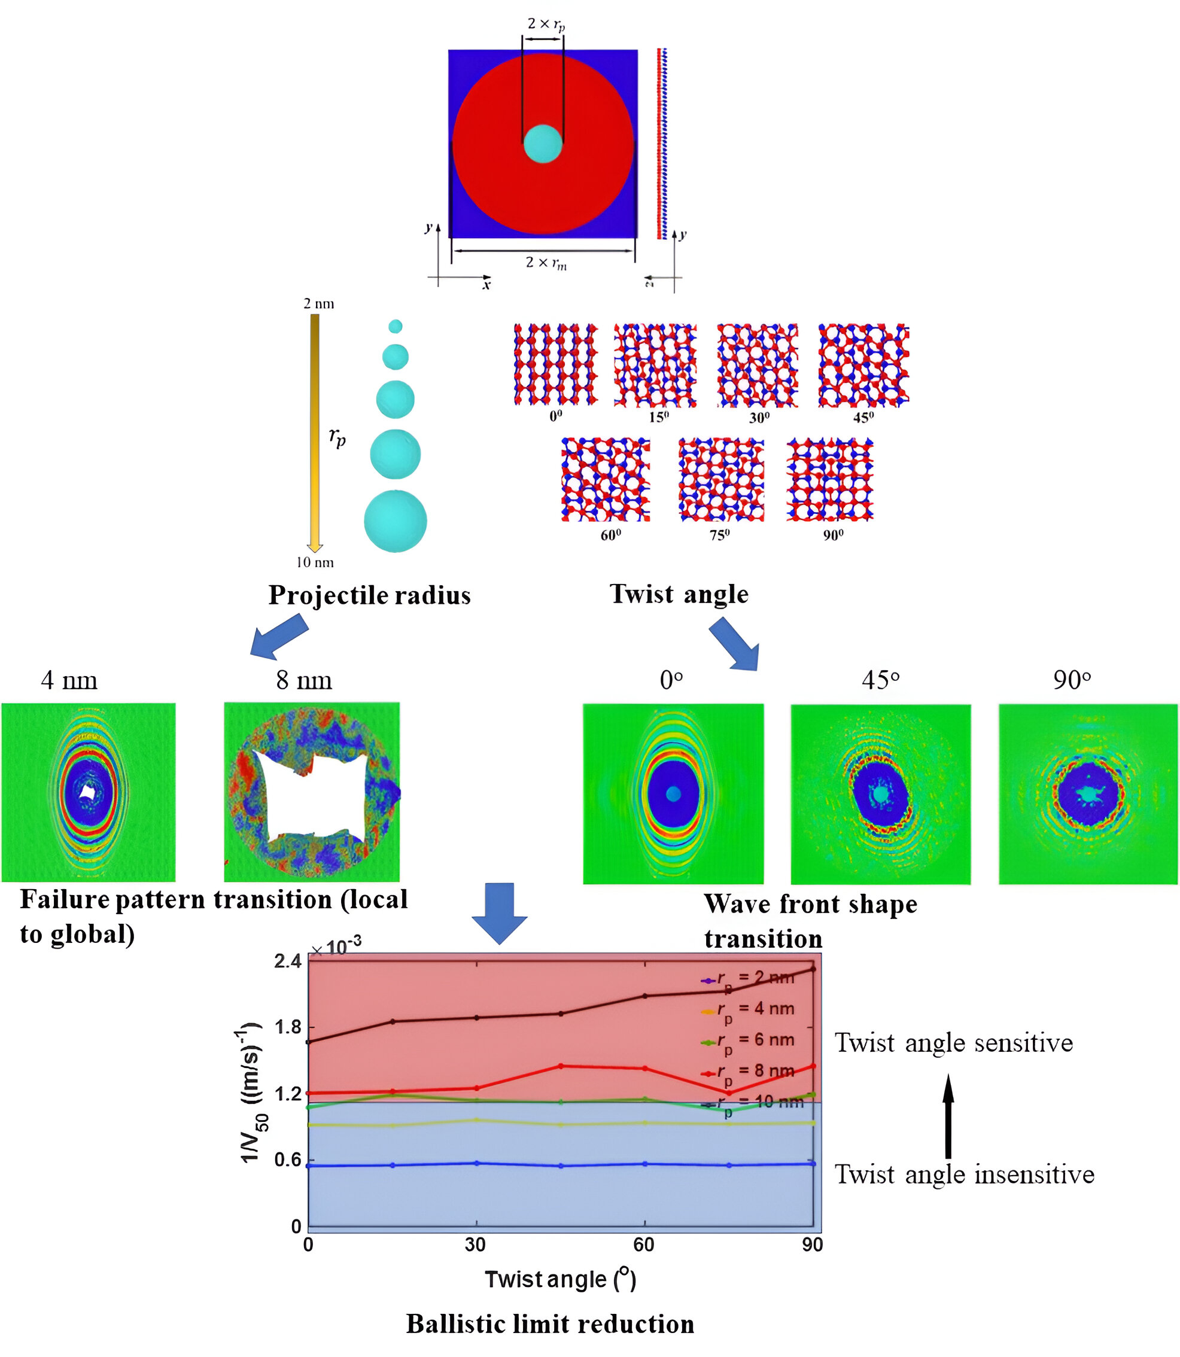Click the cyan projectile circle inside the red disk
pos(543,144)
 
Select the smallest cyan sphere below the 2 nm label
pos(395,326)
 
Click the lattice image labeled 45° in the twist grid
pos(863,366)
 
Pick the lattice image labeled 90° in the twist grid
pos(830,479)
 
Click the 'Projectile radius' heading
pos(369,595)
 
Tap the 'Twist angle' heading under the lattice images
pos(679,594)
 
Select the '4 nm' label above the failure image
pos(69,680)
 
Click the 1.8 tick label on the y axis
pos(288,1027)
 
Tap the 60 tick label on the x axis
pos(643,1245)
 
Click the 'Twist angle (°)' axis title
pos(560,1279)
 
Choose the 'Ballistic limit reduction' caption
pos(550,1323)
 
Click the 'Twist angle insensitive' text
pos(964,1174)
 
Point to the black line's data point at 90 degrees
pos(813,969)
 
